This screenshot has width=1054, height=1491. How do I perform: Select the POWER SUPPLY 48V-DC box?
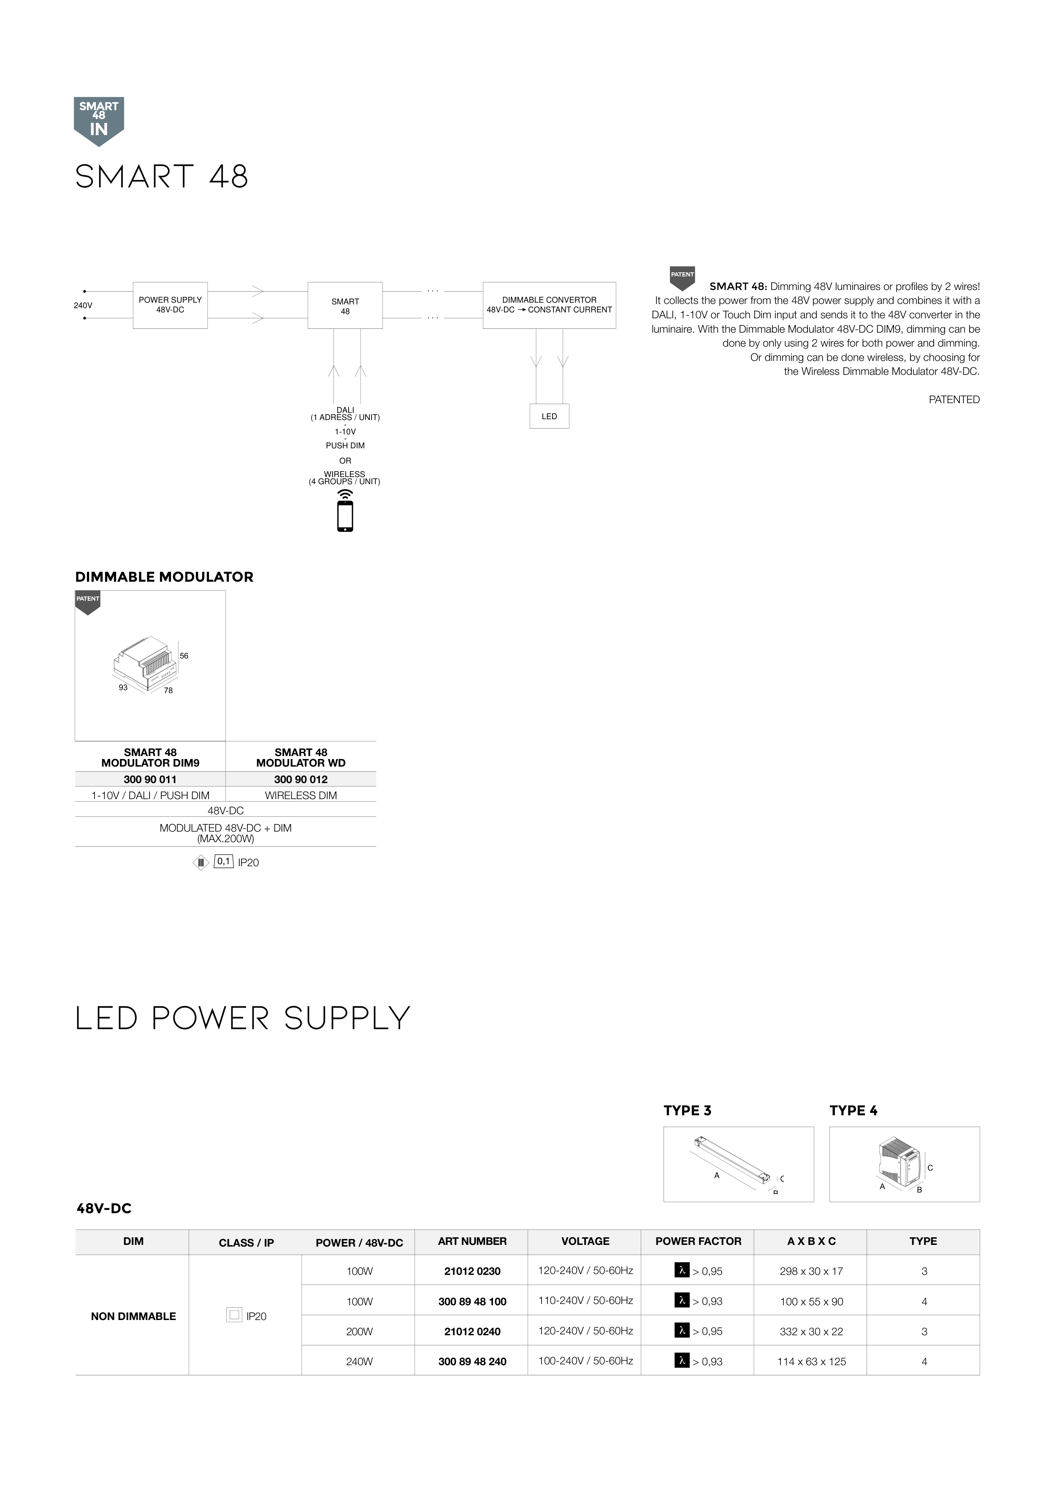(x=170, y=305)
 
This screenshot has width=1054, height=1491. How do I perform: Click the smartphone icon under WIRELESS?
(x=345, y=516)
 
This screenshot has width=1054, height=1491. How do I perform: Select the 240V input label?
(x=82, y=305)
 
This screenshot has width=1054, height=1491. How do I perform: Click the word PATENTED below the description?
(x=954, y=399)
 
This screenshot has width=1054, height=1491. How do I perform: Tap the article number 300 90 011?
(x=150, y=779)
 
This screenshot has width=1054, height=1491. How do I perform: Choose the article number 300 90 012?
(x=301, y=779)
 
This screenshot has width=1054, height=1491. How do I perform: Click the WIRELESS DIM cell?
(x=301, y=795)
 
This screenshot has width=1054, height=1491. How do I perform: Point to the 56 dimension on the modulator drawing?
(x=184, y=656)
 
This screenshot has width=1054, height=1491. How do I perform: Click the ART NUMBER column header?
(x=472, y=1241)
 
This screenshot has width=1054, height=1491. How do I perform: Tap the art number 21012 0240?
(x=472, y=1331)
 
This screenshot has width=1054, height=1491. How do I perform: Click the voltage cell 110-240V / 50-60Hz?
(x=585, y=1300)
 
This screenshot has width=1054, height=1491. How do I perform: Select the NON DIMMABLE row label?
(x=133, y=1316)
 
